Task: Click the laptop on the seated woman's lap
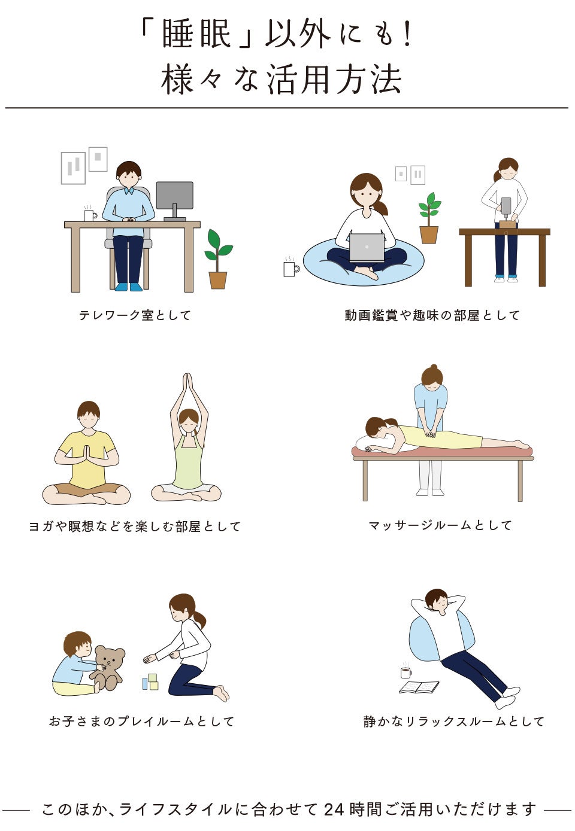[x=367, y=248]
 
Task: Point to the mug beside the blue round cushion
[x=291, y=266]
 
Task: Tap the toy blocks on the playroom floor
[x=150, y=682]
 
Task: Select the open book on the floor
[x=419, y=687]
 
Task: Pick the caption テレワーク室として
[x=135, y=315]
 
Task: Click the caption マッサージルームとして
[x=441, y=525]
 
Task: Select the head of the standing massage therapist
[x=432, y=376]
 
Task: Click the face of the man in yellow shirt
[x=89, y=419]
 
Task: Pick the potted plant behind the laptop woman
[x=429, y=218]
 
